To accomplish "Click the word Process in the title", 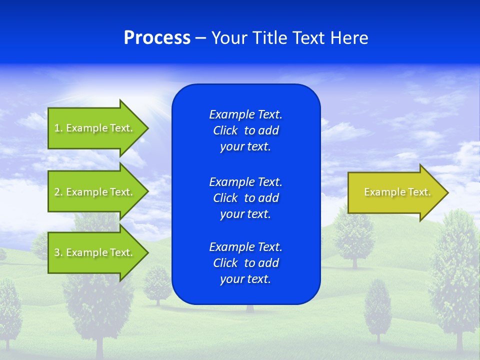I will click(157, 38).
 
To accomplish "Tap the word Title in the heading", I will click(268, 38).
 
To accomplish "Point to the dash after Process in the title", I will click(200, 38).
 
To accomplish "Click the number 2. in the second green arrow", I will click(58, 192).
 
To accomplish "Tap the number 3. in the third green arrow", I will click(58, 252).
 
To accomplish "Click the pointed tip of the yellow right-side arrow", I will click(447, 192).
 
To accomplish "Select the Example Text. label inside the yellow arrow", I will click(397, 192).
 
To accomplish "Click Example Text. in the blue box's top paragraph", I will click(245, 114).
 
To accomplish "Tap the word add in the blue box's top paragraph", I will click(268, 130).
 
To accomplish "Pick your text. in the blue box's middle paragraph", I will click(245, 214).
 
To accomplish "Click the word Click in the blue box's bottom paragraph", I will click(225, 263).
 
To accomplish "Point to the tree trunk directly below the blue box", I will click(249, 308).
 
